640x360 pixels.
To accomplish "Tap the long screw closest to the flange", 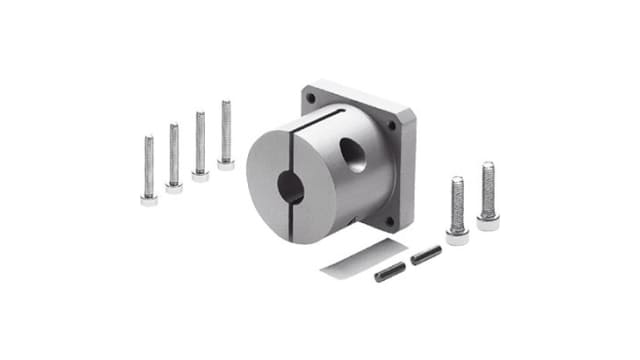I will click(226, 134).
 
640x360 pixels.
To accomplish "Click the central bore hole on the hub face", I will click(291, 187).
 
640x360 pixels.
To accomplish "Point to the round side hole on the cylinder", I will click(353, 154).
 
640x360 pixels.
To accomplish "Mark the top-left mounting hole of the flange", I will click(311, 98).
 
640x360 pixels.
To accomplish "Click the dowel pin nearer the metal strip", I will click(390, 271).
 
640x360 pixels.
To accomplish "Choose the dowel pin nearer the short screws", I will click(425, 255).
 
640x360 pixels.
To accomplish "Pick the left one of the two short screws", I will click(457, 210).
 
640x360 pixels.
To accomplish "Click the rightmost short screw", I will click(487, 196).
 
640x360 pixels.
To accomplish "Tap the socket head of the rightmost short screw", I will click(487, 222).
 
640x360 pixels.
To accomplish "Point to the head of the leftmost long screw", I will click(149, 199).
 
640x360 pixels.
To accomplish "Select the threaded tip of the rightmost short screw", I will click(487, 167).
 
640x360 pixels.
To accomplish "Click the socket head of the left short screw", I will click(457, 236).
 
